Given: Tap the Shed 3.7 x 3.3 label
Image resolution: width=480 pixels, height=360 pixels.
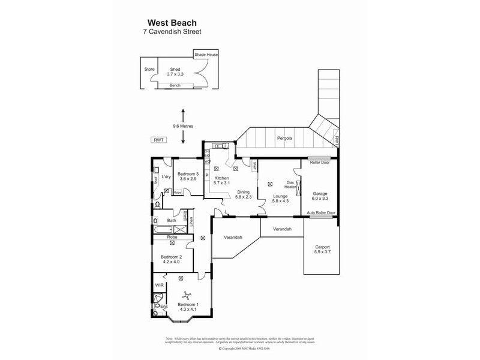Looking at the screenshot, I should click(x=175, y=71).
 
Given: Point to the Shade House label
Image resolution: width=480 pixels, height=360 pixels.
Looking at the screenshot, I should click(x=206, y=55).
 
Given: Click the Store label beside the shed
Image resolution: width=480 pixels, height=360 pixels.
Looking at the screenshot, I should click(x=149, y=69).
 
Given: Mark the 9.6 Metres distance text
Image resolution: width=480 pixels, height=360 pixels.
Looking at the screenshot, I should click(x=184, y=127).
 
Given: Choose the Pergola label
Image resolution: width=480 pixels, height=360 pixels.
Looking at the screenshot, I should click(x=284, y=139).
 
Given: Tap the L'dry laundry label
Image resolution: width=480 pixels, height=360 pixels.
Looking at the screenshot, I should click(x=167, y=176).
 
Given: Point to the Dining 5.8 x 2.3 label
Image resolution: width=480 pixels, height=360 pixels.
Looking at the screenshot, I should click(x=242, y=194).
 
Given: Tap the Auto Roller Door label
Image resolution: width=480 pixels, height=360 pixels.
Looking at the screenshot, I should click(x=321, y=213).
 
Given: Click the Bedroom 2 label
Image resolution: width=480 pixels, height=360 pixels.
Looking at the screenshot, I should click(x=170, y=259).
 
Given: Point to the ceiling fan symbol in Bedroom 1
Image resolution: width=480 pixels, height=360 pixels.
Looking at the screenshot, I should click(x=187, y=295).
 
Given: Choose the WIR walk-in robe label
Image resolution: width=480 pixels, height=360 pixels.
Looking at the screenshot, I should click(x=159, y=286).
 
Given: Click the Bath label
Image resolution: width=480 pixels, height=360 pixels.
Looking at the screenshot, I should click(x=171, y=221).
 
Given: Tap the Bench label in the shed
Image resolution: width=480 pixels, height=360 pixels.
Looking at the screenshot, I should click(x=175, y=86).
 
